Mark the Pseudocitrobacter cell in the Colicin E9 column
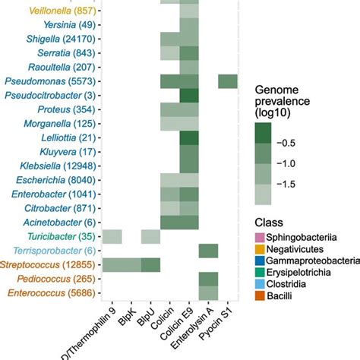coord(188,96)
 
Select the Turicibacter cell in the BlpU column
coord(150,236)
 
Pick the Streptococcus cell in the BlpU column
coord(150,264)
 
